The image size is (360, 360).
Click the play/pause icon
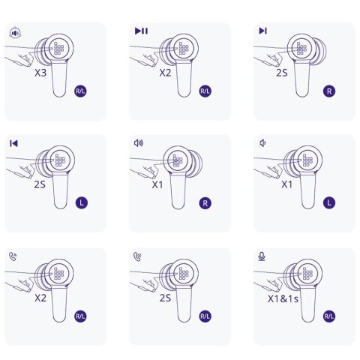141,31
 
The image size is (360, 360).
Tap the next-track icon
263,31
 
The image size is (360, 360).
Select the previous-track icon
13,143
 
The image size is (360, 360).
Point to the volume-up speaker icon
139,143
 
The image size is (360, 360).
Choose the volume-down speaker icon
262,143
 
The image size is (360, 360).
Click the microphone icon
262,256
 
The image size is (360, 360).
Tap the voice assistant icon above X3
15,33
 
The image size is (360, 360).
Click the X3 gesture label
40,73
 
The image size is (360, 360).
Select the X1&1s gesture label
283,298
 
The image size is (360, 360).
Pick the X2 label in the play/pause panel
165,73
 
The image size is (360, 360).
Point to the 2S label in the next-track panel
282,73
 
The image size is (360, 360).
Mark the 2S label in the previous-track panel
40,184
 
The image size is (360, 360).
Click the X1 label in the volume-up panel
157,184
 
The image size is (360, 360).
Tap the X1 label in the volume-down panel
286,184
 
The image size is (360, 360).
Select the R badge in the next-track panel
329,91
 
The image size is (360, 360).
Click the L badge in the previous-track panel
82,202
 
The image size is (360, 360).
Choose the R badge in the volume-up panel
205,203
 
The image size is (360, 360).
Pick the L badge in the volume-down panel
329,202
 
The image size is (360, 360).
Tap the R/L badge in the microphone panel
329,316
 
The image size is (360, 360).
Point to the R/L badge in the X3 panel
80,91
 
